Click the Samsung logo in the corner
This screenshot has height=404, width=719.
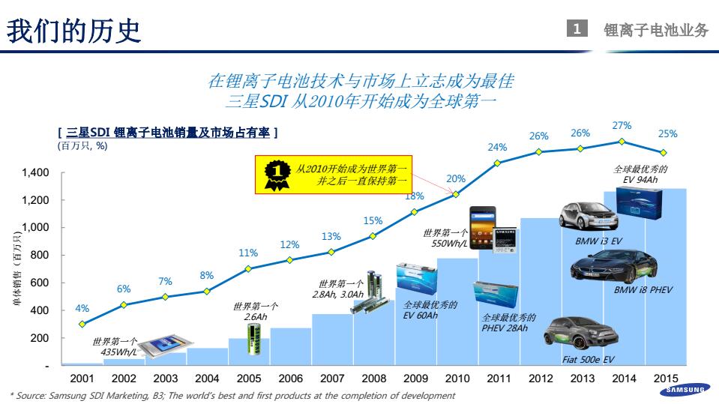(685, 389)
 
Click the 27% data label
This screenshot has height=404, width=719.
(622, 126)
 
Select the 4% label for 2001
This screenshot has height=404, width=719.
(82, 308)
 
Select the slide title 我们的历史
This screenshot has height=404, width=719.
(73, 30)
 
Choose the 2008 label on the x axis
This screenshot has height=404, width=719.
(374, 379)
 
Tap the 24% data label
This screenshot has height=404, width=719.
(497, 147)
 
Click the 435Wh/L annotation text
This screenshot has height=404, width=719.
(118, 352)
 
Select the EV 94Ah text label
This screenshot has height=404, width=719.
(640, 180)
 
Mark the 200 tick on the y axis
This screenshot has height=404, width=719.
(40, 339)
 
